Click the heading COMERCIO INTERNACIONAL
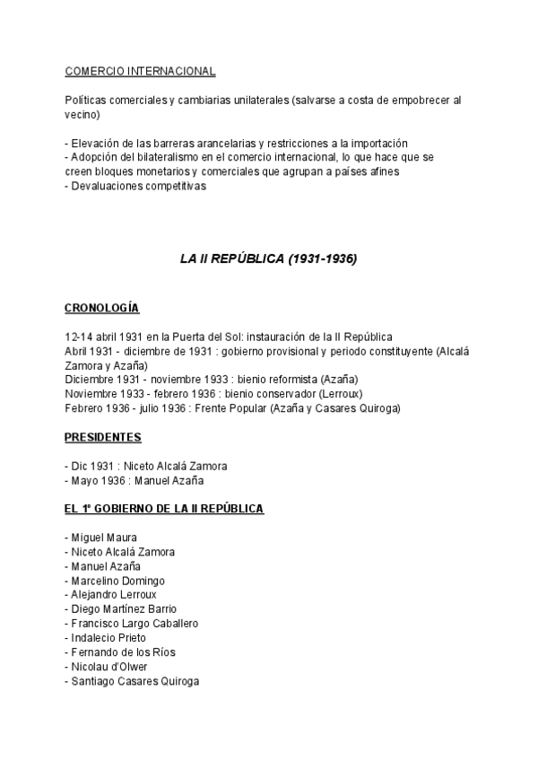140,71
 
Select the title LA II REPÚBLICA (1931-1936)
269,258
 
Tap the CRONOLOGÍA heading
101,308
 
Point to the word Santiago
91,681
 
